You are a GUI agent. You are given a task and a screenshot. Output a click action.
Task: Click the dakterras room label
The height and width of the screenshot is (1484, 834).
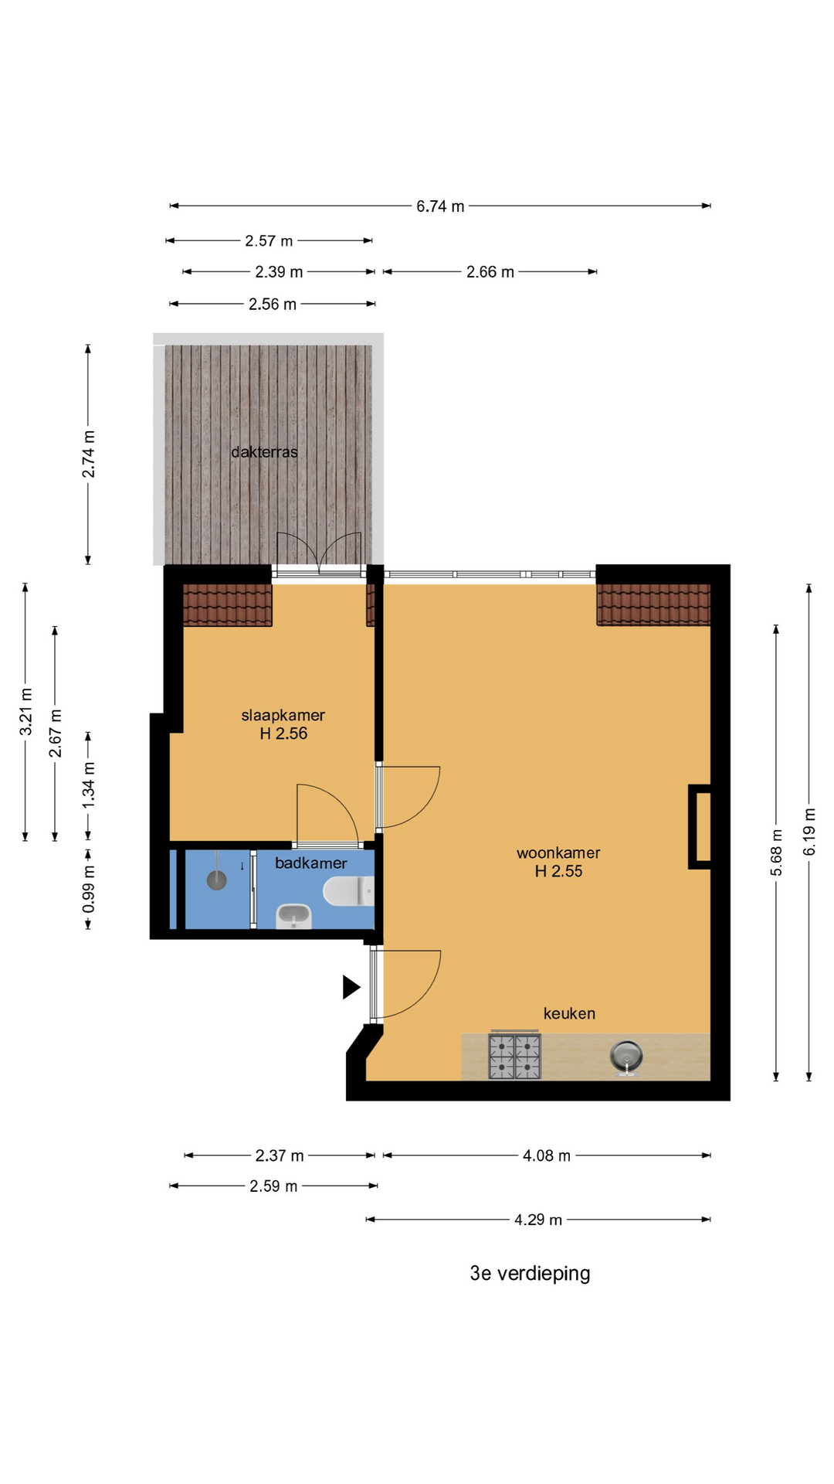coord(264,452)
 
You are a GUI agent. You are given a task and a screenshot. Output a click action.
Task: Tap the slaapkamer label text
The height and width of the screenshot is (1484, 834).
coord(283,716)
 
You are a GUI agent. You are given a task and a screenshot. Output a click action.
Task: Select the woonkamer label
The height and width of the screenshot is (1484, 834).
coord(558,853)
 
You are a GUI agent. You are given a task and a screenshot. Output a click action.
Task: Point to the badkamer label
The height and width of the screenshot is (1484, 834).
coord(311,863)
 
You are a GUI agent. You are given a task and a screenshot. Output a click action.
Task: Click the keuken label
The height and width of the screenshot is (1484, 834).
coord(569,1013)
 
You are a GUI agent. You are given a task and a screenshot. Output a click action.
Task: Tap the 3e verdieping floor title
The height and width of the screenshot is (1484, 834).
coord(530,1273)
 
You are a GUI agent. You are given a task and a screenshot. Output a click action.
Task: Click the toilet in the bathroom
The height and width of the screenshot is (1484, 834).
coord(348,890)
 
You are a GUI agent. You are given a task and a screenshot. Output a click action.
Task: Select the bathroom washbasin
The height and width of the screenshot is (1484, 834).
coord(293,916)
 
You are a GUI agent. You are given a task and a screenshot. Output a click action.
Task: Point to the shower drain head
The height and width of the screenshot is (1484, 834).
coord(216,880)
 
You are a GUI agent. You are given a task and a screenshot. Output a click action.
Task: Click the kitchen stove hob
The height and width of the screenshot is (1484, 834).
coord(515,1056)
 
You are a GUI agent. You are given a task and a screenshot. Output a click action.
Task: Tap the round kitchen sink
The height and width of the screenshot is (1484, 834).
coord(626,1056)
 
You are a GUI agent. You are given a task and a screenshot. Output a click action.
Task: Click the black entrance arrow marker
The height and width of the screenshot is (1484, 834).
coord(351,987)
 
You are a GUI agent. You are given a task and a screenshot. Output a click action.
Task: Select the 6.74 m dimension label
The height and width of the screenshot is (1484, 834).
coord(440,206)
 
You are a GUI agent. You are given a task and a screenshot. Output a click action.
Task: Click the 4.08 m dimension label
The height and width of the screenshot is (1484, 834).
coord(547,1156)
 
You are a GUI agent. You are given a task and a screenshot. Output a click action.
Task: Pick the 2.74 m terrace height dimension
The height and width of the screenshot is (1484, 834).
coord(89,454)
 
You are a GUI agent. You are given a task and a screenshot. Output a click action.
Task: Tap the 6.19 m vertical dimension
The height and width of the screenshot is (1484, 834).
coord(809,832)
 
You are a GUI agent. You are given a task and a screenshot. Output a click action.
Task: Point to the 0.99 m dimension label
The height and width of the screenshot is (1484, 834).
coord(89,889)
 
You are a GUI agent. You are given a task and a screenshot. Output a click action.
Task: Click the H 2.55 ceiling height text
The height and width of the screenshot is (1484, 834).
coord(559,871)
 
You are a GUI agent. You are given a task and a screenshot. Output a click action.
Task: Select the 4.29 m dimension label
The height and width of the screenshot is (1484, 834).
coord(538,1220)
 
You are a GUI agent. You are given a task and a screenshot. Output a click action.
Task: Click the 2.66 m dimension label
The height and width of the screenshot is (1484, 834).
coord(490,272)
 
